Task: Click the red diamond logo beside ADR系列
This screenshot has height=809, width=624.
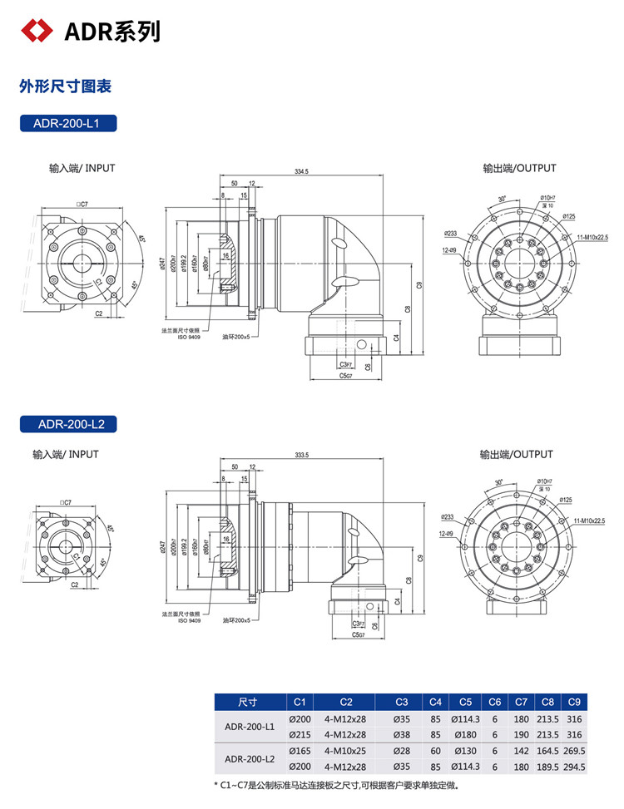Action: click(x=36, y=31)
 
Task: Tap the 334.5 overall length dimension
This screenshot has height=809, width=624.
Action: click(x=301, y=171)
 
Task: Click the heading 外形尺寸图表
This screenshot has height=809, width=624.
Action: click(x=65, y=86)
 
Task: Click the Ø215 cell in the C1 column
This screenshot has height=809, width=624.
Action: click(x=300, y=734)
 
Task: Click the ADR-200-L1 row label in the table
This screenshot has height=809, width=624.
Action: click(x=250, y=726)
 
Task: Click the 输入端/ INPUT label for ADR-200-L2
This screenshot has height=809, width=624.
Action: click(x=66, y=455)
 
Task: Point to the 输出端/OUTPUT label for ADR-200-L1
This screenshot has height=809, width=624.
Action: click(x=519, y=168)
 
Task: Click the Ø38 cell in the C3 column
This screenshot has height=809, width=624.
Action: click(x=401, y=734)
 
